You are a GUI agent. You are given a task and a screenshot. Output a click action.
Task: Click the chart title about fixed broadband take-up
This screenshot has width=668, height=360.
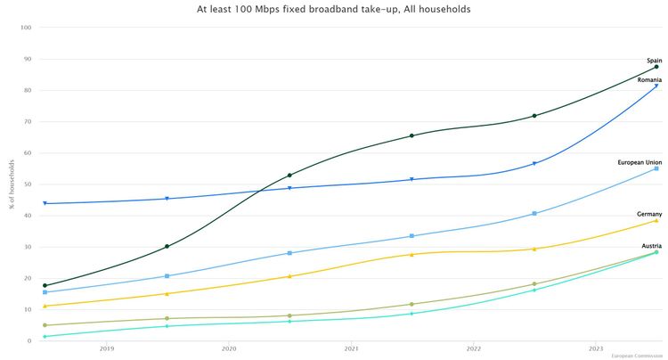(333, 9)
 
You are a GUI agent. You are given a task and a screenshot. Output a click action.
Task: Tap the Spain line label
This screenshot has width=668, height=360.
(654, 61)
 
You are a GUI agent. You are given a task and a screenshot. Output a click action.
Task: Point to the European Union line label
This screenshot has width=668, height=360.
(639, 162)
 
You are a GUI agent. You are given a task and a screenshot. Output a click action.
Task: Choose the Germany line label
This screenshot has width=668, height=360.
(649, 214)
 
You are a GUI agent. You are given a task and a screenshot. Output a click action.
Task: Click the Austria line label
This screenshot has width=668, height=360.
(650, 245)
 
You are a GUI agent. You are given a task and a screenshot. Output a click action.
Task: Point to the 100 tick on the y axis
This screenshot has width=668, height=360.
(26, 28)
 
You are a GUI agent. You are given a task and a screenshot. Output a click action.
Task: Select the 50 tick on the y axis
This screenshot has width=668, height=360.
(28, 184)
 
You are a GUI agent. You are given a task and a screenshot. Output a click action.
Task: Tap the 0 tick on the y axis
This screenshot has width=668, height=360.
(30, 340)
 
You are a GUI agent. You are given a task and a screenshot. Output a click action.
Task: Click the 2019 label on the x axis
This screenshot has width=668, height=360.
(106, 348)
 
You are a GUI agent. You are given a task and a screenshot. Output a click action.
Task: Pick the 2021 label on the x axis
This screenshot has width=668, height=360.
(351, 348)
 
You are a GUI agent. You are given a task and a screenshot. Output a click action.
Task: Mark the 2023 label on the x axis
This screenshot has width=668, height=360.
(596, 348)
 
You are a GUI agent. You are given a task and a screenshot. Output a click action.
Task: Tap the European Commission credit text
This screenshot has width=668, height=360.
(637, 356)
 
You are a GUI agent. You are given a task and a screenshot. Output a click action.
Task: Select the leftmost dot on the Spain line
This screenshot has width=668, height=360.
(45, 285)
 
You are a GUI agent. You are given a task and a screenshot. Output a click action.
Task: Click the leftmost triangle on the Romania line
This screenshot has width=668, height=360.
(45, 204)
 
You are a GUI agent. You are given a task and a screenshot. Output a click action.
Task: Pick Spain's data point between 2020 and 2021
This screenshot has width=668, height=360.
(289, 175)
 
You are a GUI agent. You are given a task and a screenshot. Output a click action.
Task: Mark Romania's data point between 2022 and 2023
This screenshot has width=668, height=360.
(534, 164)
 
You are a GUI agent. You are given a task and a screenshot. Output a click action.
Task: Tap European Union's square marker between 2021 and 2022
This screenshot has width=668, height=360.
(411, 236)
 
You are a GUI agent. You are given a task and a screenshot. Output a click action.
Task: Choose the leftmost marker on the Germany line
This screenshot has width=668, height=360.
(45, 307)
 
